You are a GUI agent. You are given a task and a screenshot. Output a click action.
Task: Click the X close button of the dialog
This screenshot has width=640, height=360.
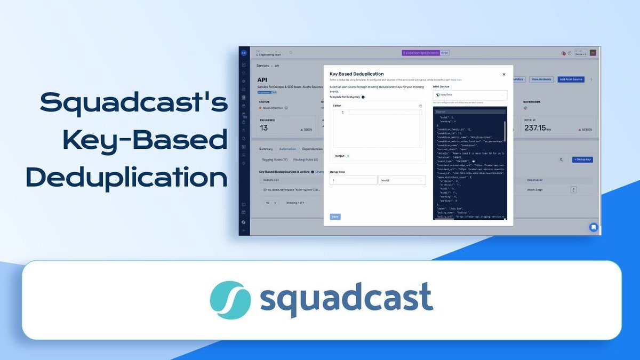tap(503, 74)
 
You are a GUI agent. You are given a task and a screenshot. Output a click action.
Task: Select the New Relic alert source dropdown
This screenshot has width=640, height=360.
tap(469, 94)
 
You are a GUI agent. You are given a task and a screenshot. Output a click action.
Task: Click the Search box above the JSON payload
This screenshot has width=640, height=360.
tap(469, 111)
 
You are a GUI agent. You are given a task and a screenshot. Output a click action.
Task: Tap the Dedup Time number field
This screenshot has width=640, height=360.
tap(353, 180)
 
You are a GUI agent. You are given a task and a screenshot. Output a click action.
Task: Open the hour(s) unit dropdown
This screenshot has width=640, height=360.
tap(402, 180)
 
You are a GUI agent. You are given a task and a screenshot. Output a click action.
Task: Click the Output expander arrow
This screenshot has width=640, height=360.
tap(348, 156)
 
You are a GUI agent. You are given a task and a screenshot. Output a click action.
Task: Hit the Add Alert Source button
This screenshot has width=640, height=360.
tap(571, 79)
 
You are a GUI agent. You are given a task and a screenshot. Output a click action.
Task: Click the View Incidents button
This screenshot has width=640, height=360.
tap(541, 79)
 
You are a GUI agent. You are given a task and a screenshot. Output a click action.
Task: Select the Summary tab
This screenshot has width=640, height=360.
tap(266, 149)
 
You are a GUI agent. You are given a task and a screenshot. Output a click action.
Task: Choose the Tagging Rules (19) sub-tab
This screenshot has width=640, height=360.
tap(275, 159)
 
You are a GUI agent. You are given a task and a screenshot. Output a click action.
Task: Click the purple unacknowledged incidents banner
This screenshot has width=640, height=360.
tap(426, 53)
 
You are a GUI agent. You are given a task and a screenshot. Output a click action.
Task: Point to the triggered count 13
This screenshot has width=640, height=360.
tap(264, 128)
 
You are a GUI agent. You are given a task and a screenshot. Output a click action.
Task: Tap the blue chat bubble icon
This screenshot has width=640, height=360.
tap(593, 227)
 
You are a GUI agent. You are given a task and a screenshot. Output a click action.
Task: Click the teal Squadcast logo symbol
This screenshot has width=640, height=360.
tap(230, 297)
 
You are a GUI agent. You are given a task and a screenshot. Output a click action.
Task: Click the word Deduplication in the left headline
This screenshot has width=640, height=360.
tap(127, 178)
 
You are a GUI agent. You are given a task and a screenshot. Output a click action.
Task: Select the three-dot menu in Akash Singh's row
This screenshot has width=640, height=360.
tap(573, 189)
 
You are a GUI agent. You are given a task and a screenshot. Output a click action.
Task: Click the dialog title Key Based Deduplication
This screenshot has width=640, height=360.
tap(356, 74)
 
